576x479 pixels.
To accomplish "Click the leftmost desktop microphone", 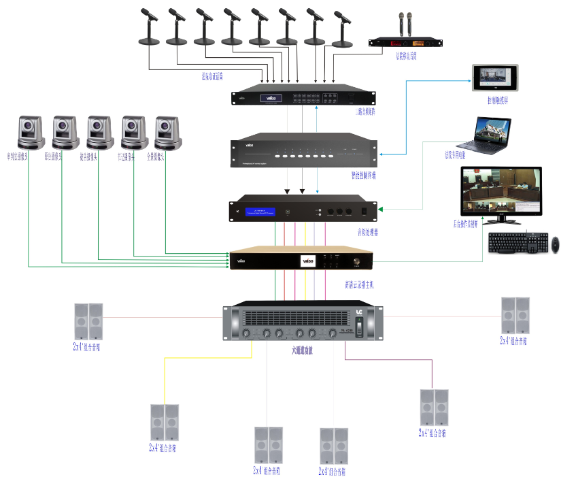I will [x=149, y=27].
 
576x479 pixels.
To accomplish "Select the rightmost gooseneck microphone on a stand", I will [x=342, y=31].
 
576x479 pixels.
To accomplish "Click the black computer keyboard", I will [x=518, y=243].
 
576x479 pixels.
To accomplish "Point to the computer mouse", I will [x=556, y=243].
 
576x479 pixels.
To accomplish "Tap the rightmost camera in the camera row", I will [x=169, y=132].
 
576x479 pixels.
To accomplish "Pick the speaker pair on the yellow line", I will [x=165, y=423].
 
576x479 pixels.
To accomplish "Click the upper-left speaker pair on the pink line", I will [x=88, y=322].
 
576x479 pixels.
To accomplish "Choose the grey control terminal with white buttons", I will [x=304, y=152].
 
